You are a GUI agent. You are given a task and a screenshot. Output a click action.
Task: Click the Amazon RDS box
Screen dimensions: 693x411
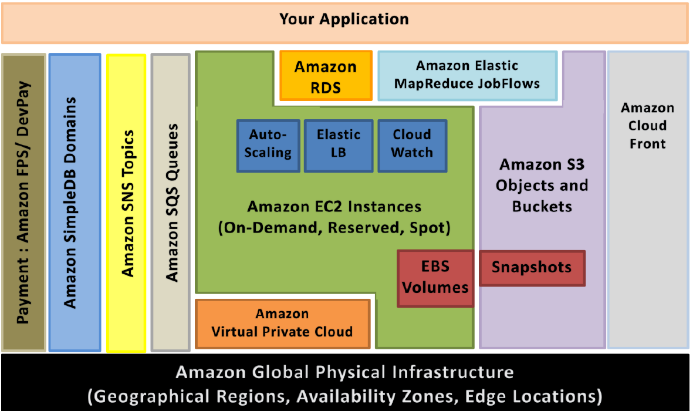pos(326,76)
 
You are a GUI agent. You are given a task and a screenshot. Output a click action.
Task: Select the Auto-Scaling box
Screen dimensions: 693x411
pos(268,146)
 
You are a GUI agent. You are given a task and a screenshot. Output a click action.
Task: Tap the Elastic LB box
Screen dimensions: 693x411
pos(339,146)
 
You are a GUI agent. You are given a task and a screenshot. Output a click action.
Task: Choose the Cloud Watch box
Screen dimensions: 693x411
pos(412,146)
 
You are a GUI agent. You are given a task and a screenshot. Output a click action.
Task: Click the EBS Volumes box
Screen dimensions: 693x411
pos(435,278)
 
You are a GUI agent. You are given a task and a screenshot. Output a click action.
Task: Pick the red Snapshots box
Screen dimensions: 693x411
pos(532,268)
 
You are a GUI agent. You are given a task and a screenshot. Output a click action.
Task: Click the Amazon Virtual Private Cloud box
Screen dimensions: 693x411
pos(282,324)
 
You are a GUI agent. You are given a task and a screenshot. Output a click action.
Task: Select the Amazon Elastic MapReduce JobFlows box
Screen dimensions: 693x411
pos(467,76)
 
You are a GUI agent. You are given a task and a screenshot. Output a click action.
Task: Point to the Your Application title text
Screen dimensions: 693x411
pos(344,19)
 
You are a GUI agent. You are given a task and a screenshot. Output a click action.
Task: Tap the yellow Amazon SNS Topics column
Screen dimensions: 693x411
pos(126,203)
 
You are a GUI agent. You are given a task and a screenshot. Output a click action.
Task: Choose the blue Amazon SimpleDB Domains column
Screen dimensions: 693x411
pos(75,203)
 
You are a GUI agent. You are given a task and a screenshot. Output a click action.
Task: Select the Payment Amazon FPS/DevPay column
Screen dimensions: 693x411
pos(24,203)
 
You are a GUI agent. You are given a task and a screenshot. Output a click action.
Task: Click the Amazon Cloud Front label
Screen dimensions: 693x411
pos(647,126)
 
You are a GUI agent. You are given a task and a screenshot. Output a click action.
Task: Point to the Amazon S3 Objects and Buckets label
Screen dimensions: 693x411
pos(542,186)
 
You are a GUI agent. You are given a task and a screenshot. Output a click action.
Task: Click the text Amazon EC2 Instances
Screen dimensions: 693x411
pos(334,207)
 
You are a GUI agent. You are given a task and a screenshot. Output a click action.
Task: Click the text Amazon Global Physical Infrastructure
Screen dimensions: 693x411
pos(344,372)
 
